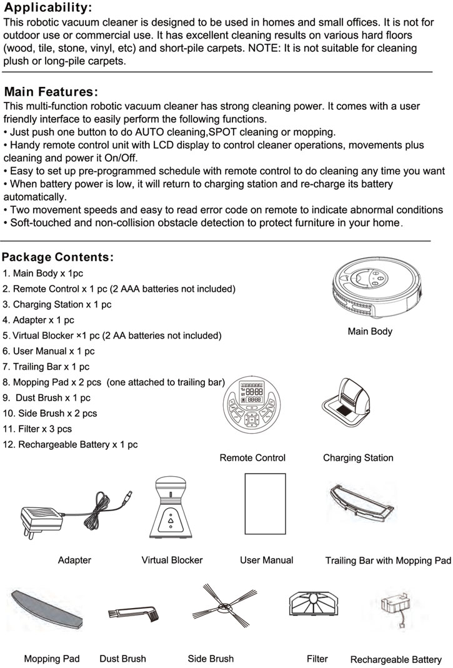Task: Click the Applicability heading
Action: tap(47, 8)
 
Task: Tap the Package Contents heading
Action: tap(57, 257)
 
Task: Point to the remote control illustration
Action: tap(252, 412)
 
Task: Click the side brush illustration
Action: tap(224, 608)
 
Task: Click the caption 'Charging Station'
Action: tap(358, 458)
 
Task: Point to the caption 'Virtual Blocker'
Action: tap(172, 561)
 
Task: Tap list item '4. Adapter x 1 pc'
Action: tap(39, 320)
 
